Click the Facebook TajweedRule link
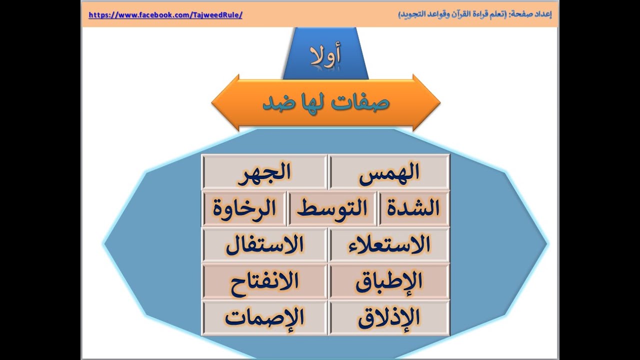pyautogui.click(x=165, y=15)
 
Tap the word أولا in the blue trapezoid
pyautogui.click(x=325, y=56)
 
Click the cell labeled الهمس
pyautogui.click(x=389, y=172)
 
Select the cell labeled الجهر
pyautogui.click(x=264, y=172)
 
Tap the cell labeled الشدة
pyautogui.click(x=413, y=208)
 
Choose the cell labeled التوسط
pyautogui.click(x=332, y=208)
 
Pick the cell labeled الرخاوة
pyautogui.click(x=244, y=208)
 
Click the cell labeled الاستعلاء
pyautogui.click(x=389, y=245)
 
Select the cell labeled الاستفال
pyautogui.click(x=264, y=245)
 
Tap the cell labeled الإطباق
pyautogui.click(x=389, y=281)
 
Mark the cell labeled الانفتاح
pyautogui.click(x=264, y=281)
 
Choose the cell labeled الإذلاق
pyautogui.click(x=389, y=318)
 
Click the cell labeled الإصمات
pyautogui.click(x=264, y=318)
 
